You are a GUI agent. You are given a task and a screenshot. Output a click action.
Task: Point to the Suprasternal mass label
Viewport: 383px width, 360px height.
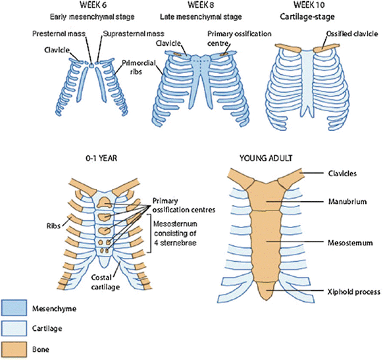(x=129, y=34)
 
